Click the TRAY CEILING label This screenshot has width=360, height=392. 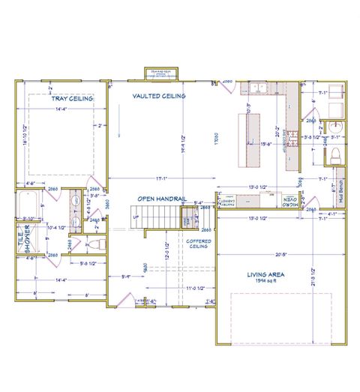71,98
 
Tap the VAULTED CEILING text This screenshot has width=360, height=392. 159,96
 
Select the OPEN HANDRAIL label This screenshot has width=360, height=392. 160,198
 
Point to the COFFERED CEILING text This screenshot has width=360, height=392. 199,242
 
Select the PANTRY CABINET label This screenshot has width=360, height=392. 223,202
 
